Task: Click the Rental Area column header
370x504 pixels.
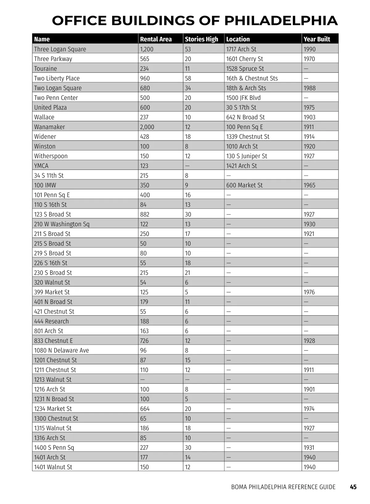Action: coord(156,39)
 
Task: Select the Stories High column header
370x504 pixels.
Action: coord(201,39)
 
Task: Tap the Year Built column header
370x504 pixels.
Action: coord(317,39)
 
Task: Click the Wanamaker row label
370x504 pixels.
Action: coord(50,127)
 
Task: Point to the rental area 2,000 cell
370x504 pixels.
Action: coord(147,127)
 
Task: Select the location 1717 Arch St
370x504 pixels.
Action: coord(241,49)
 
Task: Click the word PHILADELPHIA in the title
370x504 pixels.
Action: coord(281,21)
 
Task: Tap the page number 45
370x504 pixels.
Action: coord(353,487)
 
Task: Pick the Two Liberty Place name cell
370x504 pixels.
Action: coord(57,78)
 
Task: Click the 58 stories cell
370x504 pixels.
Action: coord(188,78)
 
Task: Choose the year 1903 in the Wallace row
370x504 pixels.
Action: coord(309,117)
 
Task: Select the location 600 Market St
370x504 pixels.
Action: coord(244,185)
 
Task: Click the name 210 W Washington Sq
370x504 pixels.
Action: coord(62,224)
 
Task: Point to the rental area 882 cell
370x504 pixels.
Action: coord(145,214)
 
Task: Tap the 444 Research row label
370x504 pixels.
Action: coord(51,321)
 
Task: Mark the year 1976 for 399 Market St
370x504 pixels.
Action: coord(309,292)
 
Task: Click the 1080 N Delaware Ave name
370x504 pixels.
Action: coord(61,351)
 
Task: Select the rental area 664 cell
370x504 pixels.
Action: coord(145,409)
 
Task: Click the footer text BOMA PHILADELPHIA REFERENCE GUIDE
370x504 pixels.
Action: coord(283,487)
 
